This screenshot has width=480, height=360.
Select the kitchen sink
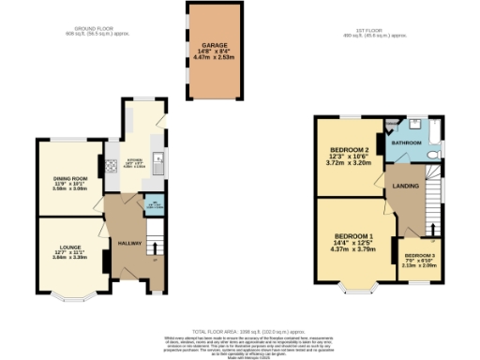tap(160, 158)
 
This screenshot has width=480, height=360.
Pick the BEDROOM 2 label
tap(348, 149)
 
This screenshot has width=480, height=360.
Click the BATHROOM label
tap(407, 143)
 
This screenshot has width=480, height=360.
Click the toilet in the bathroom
tap(435, 151)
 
